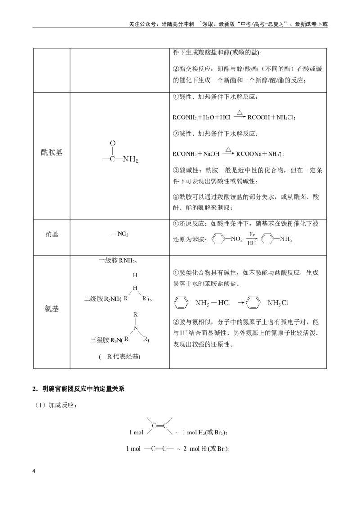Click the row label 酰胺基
coord(52,152)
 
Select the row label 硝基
coord(52,234)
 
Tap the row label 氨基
coord(52,309)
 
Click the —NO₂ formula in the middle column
coord(120,234)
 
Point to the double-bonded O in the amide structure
coord(112,143)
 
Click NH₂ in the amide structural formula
coord(130,160)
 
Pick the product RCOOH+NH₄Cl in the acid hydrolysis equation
coord(271,117)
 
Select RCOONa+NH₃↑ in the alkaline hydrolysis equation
coord(260,154)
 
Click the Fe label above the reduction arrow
coord(252,234)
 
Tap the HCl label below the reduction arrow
coord(252,243)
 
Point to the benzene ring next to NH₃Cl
coord(253,303)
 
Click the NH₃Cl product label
coord(278,303)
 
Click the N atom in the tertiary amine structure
coord(136,327)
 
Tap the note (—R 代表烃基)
coord(120,357)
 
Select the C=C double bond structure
coord(160,426)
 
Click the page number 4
coord(34,471)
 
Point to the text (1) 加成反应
coord(55,406)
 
